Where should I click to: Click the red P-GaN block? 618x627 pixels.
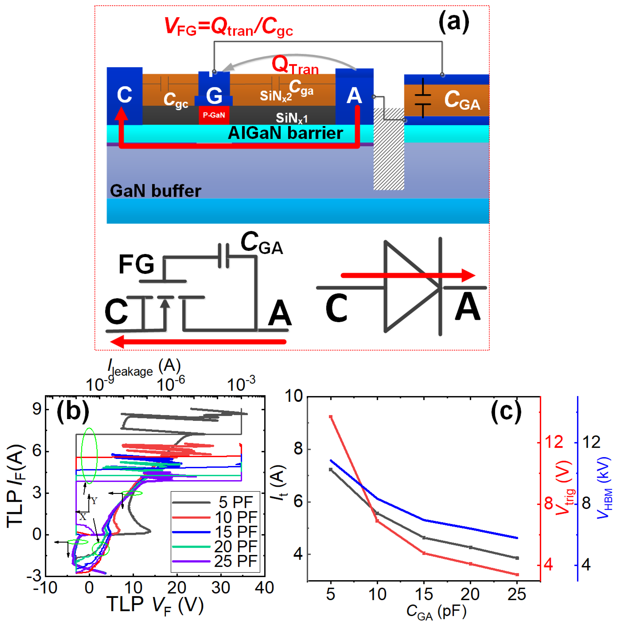(214, 115)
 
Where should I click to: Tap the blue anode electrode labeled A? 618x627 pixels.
(354, 96)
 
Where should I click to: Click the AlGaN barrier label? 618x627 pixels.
(285, 133)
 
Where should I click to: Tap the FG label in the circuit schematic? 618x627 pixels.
(136, 264)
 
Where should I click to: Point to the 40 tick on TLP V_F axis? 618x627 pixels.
(264, 588)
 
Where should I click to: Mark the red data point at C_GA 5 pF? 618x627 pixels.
(331, 417)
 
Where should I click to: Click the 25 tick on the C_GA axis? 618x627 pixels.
(517, 594)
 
